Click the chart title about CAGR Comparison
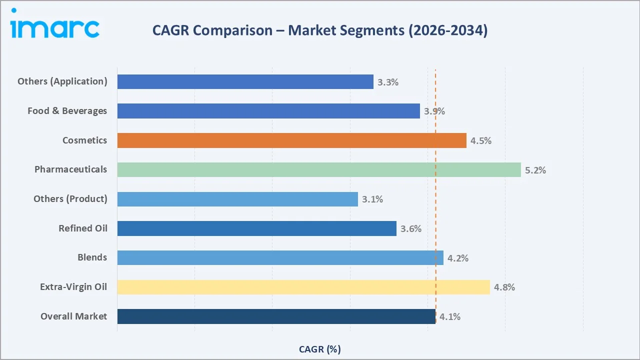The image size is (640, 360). pyautogui.click(x=319, y=30)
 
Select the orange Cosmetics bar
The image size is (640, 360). pyautogui.click(x=291, y=140)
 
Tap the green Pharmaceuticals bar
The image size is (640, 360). pyautogui.click(x=319, y=169)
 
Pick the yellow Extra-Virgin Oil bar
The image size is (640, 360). pyautogui.click(x=303, y=287)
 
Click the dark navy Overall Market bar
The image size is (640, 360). pyautogui.click(x=276, y=316)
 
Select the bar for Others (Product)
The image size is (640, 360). pyautogui.click(x=237, y=199)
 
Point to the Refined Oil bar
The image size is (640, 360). pyautogui.click(x=256, y=228)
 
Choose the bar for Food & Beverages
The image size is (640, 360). pyautogui.click(x=268, y=111)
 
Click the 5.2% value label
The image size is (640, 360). pyautogui.click(x=535, y=170)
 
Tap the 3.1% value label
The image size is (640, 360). pyautogui.click(x=372, y=199)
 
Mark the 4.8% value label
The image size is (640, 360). pyautogui.click(x=504, y=287)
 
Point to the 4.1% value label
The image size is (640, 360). pyautogui.click(x=450, y=316)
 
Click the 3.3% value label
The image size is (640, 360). pyautogui.click(x=388, y=82)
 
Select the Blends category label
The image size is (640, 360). pyautogui.click(x=92, y=257)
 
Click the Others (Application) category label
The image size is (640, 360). pyautogui.click(x=62, y=81)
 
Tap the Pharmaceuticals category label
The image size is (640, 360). pyautogui.click(x=70, y=169)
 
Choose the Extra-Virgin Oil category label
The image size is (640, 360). pyautogui.click(x=73, y=287)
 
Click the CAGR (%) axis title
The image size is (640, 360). pyautogui.click(x=319, y=349)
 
